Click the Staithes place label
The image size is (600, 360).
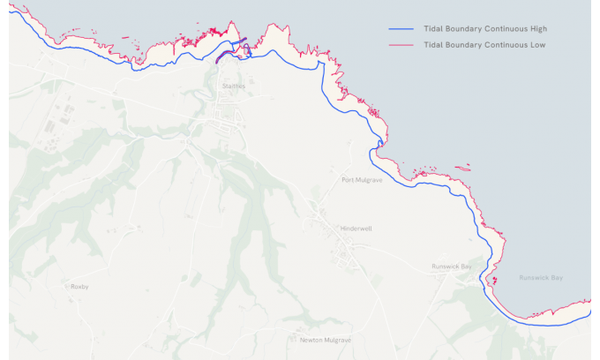tap(234, 86)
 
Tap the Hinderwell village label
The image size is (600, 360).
tap(356, 229)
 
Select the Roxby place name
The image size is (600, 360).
tap(79, 286)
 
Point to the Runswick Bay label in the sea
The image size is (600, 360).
tap(541, 278)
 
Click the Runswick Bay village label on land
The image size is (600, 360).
tap(452, 266)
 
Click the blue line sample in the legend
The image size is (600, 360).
tap(401, 29)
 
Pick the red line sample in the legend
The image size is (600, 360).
tap(401, 44)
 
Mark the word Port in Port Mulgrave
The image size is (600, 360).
tap(349, 181)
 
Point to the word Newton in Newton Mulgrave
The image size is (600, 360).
tap(311, 340)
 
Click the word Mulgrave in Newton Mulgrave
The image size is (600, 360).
tap(338, 340)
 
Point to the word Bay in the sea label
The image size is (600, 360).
tap(555, 278)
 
